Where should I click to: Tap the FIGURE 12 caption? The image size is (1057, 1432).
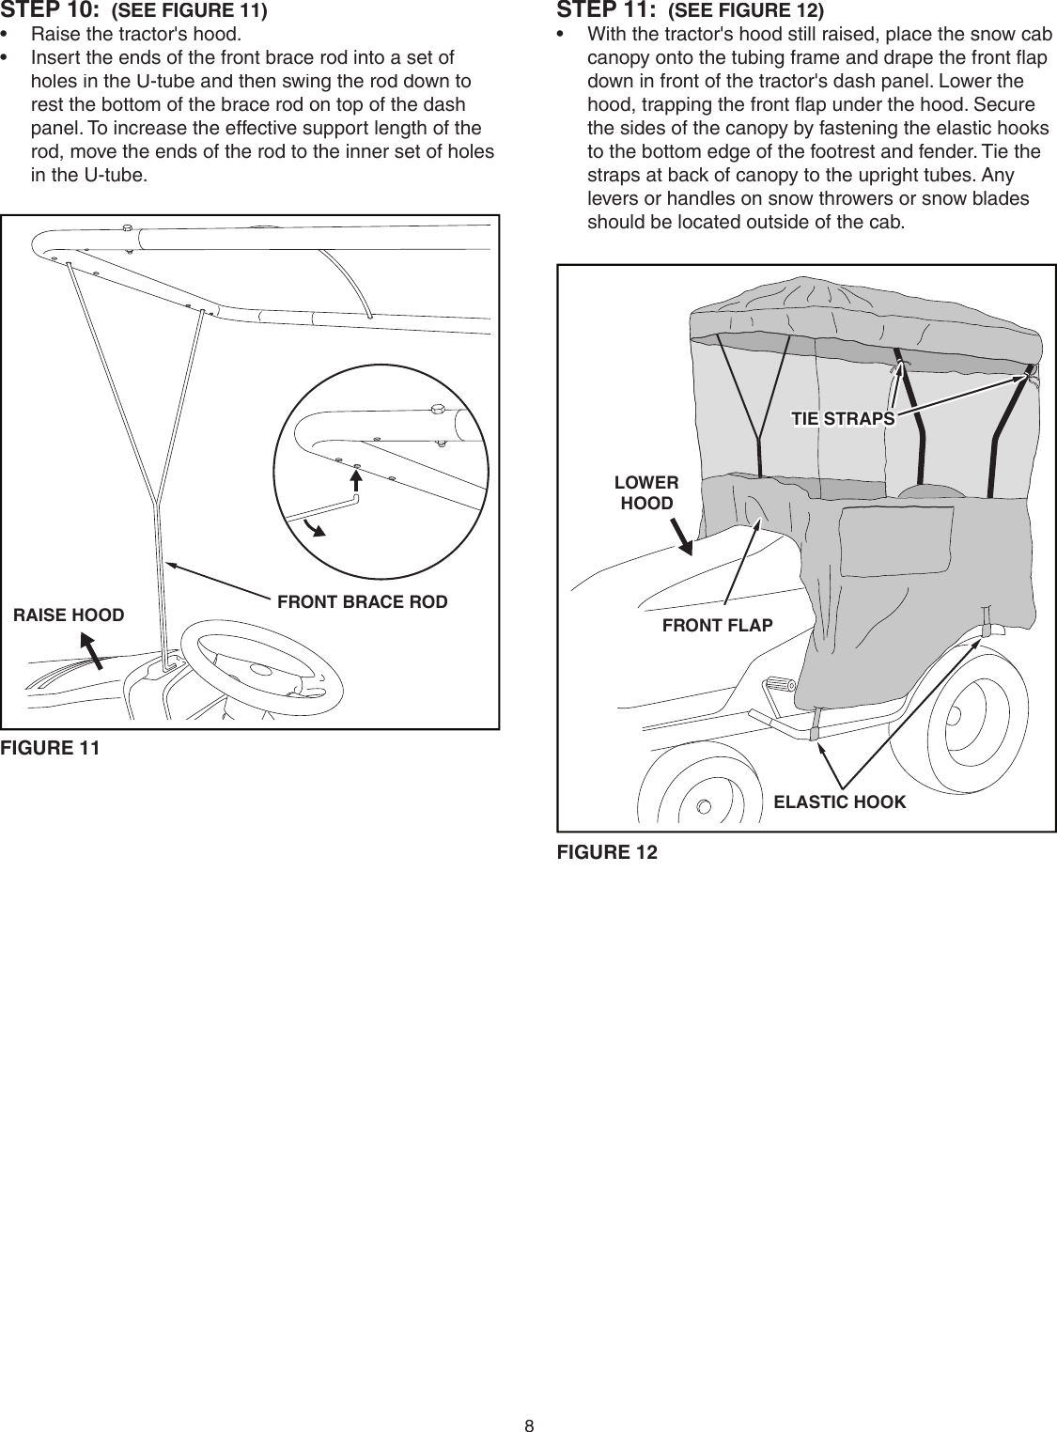(x=607, y=852)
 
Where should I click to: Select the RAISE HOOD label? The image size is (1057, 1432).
(x=68, y=615)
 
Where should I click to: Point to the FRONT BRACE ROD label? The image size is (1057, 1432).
(x=363, y=601)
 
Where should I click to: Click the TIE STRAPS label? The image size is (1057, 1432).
(x=843, y=418)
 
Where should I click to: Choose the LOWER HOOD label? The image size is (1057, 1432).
(x=646, y=493)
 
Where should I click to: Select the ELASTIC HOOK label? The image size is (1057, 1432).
(x=839, y=802)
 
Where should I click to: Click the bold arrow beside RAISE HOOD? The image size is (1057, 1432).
(x=88, y=649)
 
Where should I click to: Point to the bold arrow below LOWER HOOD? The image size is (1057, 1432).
(x=683, y=538)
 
